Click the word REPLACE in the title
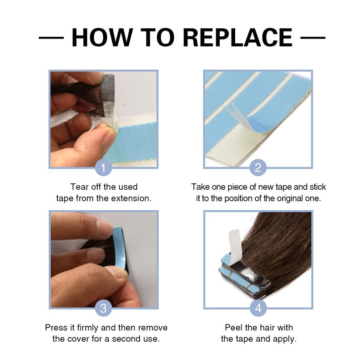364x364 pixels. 238,38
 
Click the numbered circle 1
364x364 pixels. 104,167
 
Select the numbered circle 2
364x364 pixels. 258,167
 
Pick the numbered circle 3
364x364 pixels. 104,308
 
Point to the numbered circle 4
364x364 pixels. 258,308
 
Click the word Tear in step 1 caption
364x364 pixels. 79,187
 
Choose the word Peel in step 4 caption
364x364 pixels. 233,328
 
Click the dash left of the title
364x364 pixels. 51,38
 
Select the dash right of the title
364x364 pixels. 313,38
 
